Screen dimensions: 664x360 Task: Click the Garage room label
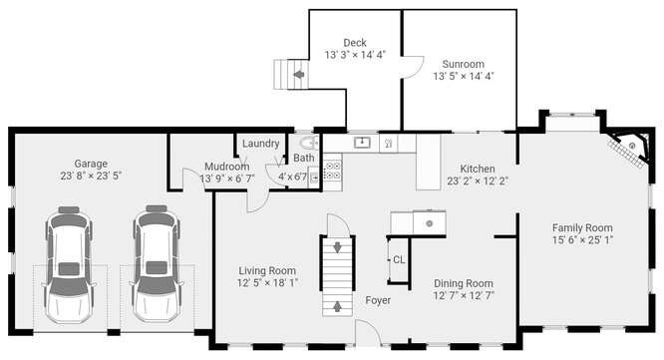click(91, 164)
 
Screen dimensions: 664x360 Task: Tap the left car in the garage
click(69, 264)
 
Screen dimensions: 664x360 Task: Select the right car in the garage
click(157, 264)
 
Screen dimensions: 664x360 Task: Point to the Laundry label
click(261, 144)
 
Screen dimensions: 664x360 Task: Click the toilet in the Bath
click(310, 143)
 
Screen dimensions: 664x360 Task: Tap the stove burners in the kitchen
click(332, 171)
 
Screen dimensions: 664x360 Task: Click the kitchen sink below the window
click(362, 143)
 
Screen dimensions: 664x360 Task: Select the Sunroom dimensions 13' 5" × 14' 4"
click(464, 76)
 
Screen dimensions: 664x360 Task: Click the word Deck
click(355, 43)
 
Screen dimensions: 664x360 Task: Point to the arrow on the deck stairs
click(299, 75)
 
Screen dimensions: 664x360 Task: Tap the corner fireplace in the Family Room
click(630, 149)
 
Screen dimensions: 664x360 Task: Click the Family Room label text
click(582, 227)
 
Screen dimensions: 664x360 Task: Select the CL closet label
click(399, 259)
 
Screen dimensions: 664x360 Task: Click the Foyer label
click(378, 300)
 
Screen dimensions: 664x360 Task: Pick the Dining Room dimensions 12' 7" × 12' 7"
click(464, 295)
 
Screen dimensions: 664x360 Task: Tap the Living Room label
click(267, 270)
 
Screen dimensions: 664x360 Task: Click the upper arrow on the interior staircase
click(338, 247)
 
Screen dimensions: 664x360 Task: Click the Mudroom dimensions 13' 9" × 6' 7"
click(227, 179)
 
